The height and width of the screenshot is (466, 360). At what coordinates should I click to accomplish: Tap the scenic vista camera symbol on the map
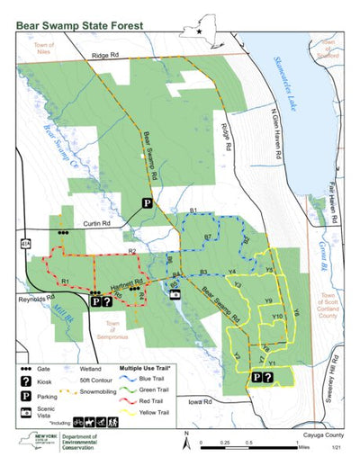175,294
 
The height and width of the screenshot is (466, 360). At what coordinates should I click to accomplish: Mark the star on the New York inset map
199,32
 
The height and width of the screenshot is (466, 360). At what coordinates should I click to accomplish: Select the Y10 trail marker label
277,317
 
